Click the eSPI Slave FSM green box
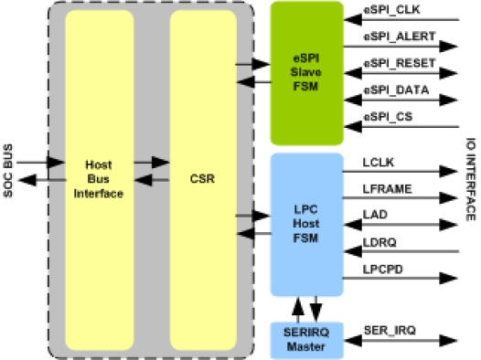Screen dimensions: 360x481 tap(306, 73)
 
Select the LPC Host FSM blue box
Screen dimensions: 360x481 tap(306, 225)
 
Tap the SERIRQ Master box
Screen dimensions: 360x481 tap(306, 339)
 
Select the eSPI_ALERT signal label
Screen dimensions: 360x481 tap(392, 37)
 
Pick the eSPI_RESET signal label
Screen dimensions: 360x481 tap(392, 66)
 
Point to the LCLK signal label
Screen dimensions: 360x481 tap(377, 162)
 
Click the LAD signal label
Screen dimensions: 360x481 tap(373, 215)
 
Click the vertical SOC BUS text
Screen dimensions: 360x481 tap(8, 170)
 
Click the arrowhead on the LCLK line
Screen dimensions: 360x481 tap(448, 171)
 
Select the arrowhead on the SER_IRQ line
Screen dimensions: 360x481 tap(448, 337)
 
